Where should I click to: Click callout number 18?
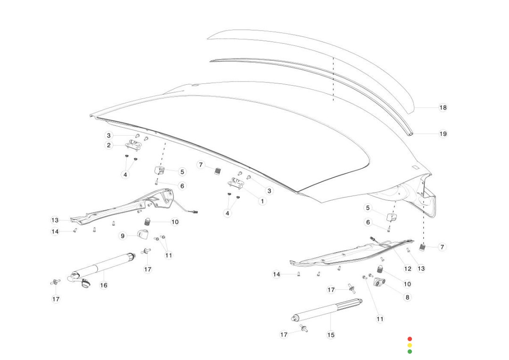tap(443, 107)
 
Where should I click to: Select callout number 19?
tap(443, 134)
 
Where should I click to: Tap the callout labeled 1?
tap(263, 201)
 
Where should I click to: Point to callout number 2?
tap(109, 145)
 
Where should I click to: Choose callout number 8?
tap(407, 297)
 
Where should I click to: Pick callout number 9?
tap(123, 236)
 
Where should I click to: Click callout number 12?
tap(408, 269)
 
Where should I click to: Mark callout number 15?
tap(331, 335)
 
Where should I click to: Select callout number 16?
tap(104, 285)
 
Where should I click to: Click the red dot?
tap(410, 339)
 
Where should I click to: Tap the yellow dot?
tap(410, 345)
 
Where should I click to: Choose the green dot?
tap(410, 351)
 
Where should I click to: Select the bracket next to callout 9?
tap(143, 234)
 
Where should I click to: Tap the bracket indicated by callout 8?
tap(379, 282)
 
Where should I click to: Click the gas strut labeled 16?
tap(101, 269)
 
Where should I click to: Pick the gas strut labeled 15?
tap(327, 310)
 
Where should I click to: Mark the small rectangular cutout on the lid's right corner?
tap(416, 167)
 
